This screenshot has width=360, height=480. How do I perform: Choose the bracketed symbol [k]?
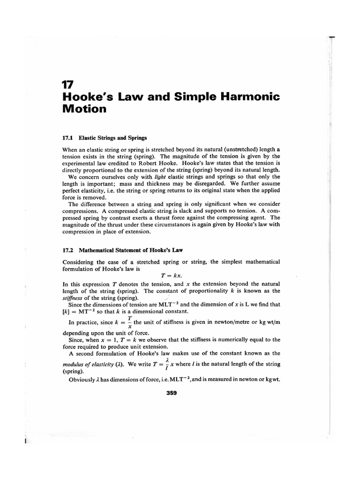point(66,311)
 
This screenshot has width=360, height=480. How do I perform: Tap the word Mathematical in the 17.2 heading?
point(100,250)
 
